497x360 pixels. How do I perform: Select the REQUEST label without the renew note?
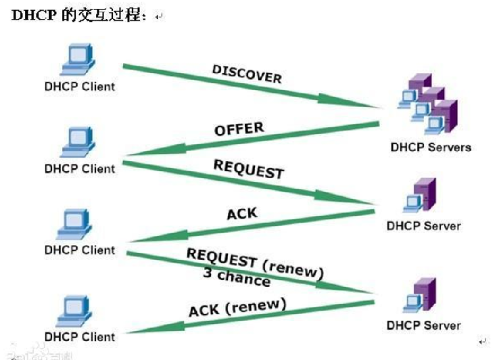248,169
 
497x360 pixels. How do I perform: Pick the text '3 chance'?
236,277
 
